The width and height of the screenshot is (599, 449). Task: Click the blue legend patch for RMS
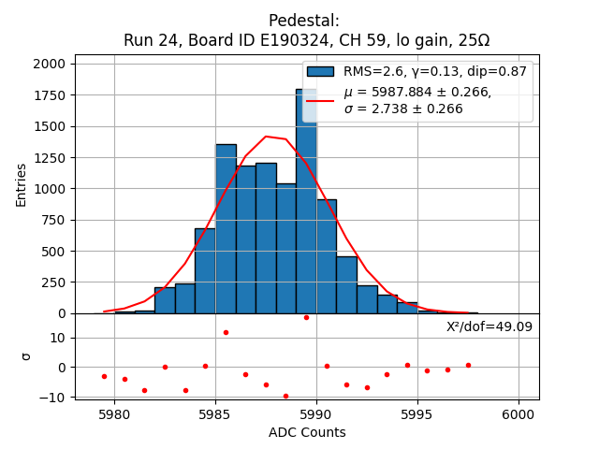coord(320,71)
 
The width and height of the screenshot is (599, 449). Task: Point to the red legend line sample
coord(320,100)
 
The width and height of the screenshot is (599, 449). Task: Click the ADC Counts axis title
coord(307,432)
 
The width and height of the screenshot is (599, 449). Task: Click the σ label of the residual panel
coord(25,356)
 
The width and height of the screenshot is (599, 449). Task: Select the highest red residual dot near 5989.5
coord(306,317)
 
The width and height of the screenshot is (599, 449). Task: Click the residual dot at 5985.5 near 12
coord(226,332)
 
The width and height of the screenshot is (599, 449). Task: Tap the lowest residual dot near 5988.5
coord(285,396)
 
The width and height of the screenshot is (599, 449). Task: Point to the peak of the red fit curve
coord(266,137)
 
